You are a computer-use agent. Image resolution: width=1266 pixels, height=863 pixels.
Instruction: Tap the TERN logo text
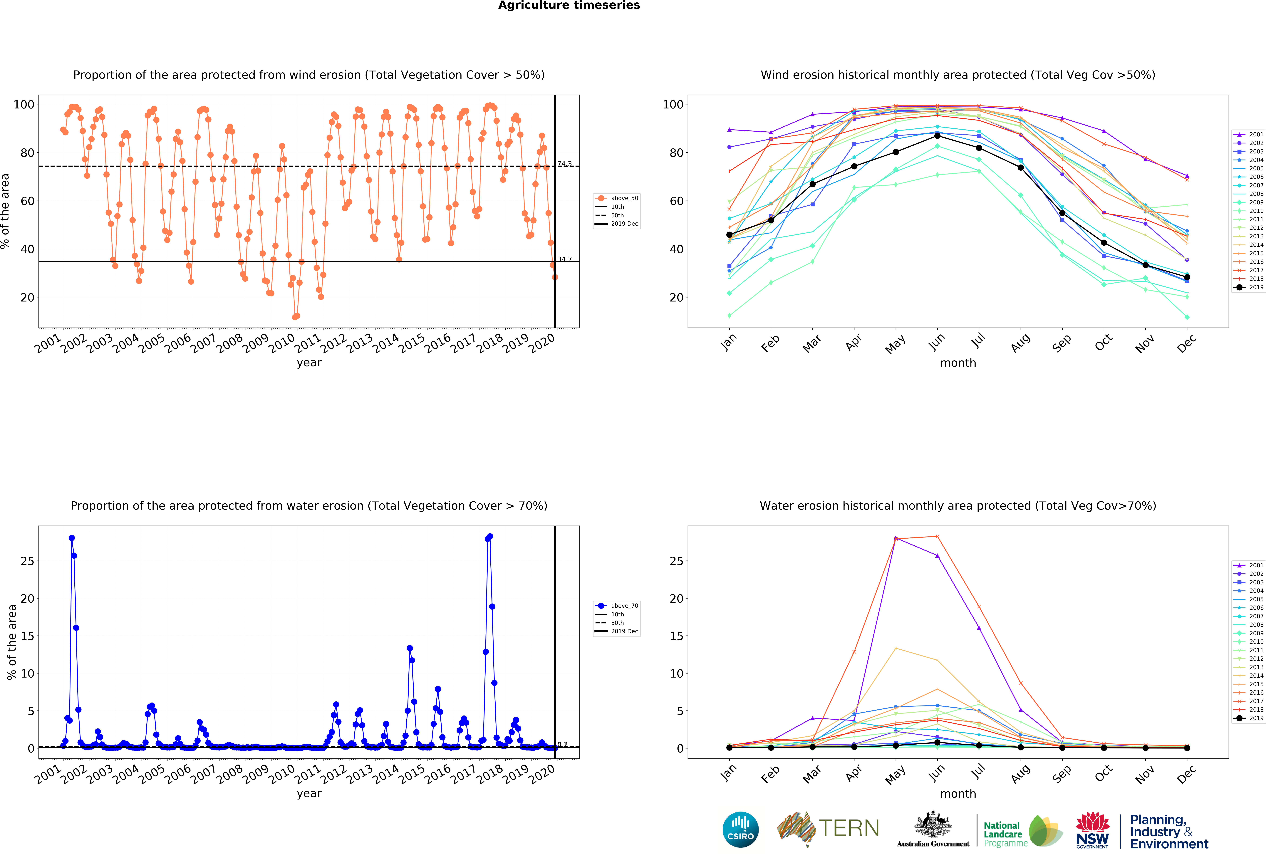[849, 828]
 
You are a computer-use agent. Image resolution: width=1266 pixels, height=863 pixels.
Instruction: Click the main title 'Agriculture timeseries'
[569, 5]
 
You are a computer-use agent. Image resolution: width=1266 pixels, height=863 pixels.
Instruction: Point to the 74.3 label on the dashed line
[564, 163]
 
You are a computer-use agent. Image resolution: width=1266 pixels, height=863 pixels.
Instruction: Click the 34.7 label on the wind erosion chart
[564, 259]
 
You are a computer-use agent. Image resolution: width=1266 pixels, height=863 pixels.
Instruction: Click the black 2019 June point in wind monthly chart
[937, 136]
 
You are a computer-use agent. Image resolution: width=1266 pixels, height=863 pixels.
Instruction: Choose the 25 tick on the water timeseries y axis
[27, 561]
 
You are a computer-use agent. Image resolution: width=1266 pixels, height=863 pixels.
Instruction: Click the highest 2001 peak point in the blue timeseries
[71, 538]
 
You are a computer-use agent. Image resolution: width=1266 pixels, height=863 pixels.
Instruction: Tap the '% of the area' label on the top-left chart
[5, 211]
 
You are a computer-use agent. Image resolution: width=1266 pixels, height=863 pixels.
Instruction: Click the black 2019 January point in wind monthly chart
[729, 235]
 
